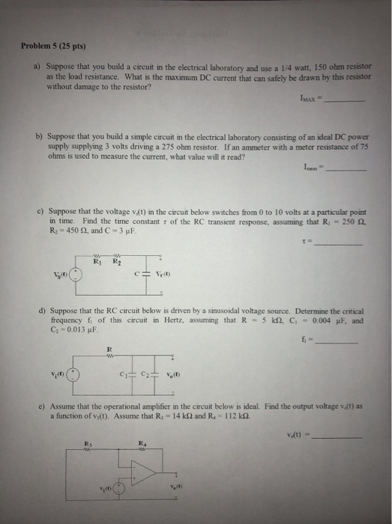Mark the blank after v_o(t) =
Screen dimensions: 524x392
(342, 437)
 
